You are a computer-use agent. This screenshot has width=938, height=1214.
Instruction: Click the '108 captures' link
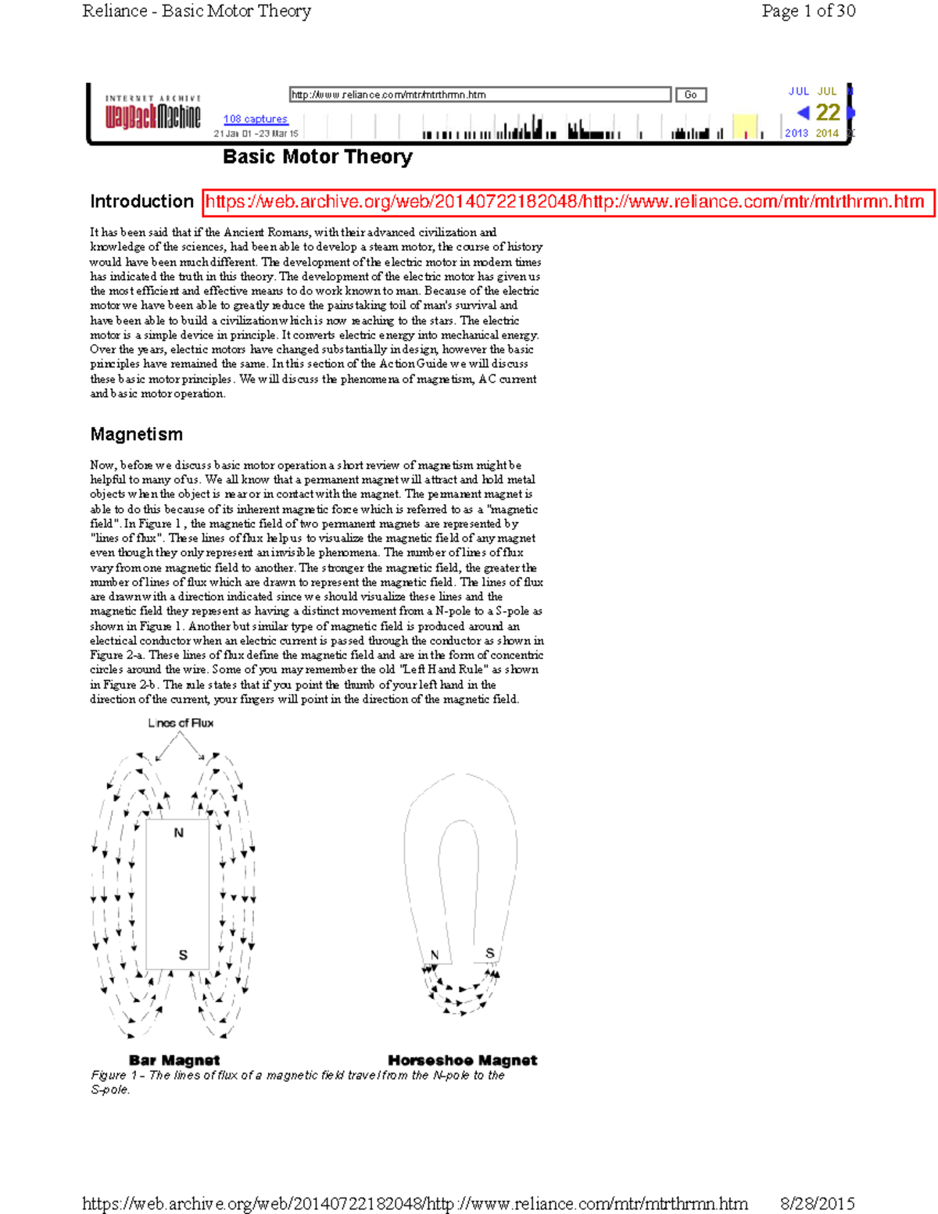tap(255, 119)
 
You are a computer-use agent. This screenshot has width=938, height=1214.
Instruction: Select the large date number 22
tap(827, 113)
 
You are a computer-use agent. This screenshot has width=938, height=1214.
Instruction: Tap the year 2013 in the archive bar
tap(796, 134)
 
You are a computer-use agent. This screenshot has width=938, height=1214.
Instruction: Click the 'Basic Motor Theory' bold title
tap(317, 157)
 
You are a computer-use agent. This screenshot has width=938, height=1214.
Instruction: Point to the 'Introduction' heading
tap(141, 202)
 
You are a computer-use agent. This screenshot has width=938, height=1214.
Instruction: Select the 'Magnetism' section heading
tap(136, 435)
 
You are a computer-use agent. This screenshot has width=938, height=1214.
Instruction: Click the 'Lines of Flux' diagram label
tap(181, 723)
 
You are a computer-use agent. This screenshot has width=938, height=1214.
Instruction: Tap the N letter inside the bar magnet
tap(178, 833)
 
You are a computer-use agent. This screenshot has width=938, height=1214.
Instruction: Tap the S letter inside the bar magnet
tap(183, 954)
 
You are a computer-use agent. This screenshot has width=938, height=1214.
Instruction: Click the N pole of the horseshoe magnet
tap(435, 954)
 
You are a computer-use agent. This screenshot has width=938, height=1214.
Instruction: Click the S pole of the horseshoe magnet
tap(489, 953)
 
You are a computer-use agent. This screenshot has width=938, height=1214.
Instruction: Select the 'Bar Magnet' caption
tap(174, 1060)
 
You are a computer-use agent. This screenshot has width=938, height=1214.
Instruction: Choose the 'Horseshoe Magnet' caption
tap(462, 1060)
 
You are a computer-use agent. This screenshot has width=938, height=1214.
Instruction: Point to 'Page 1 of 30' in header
tap(808, 11)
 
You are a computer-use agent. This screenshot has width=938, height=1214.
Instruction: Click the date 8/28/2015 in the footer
tap(817, 1203)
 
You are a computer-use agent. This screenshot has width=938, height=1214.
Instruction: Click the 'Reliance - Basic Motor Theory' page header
tap(196, 11)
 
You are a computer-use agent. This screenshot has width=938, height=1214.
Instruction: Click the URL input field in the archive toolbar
tap(480, 95)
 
